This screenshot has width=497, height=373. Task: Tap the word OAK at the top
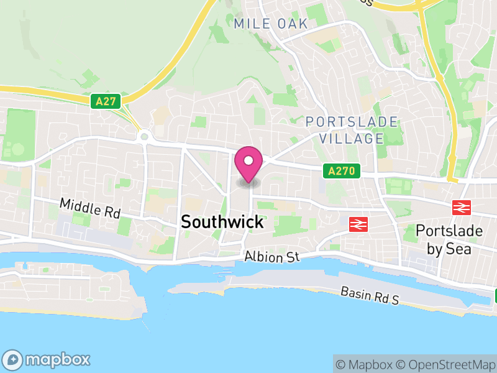[x=294, y=24]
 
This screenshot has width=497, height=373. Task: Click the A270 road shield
[x=342, y=170]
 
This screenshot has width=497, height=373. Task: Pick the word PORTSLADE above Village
[x=352, y=121]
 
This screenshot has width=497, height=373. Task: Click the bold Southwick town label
[x=222, y=222]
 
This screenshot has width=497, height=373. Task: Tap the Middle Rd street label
[x=89, y=208]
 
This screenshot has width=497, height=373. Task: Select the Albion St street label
[x=271, y=256]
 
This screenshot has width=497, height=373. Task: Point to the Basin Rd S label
[x=369, y=296]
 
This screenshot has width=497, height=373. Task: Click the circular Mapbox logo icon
[x=14, y=359]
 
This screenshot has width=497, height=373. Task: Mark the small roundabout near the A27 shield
[x=145, y=136]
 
